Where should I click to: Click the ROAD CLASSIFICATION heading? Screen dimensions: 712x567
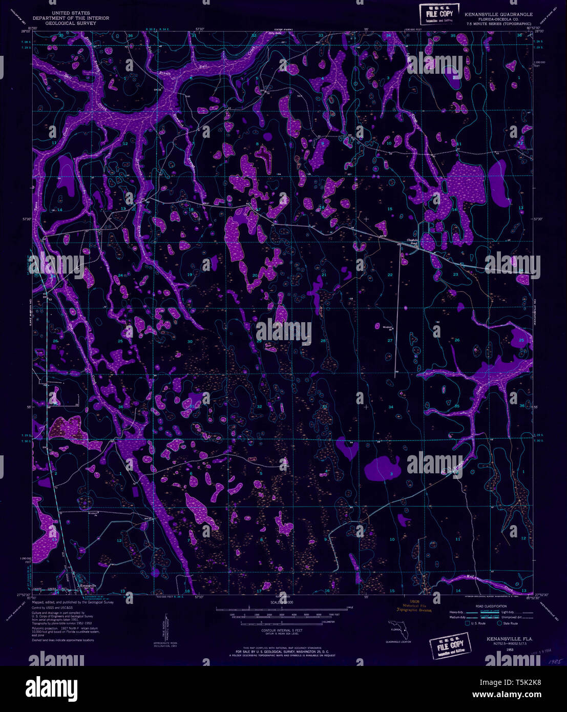tap(491, 606)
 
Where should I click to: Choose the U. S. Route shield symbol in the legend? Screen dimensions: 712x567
tap(468, 623)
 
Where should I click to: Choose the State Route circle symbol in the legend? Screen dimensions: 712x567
tap(499, 623)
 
